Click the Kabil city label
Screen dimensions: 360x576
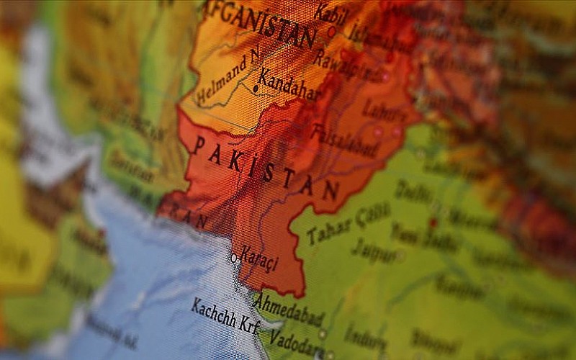[x=330, y=15]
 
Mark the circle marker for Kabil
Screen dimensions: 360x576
[x=331, y=32]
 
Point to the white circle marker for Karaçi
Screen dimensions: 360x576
[x=233, y=257]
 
